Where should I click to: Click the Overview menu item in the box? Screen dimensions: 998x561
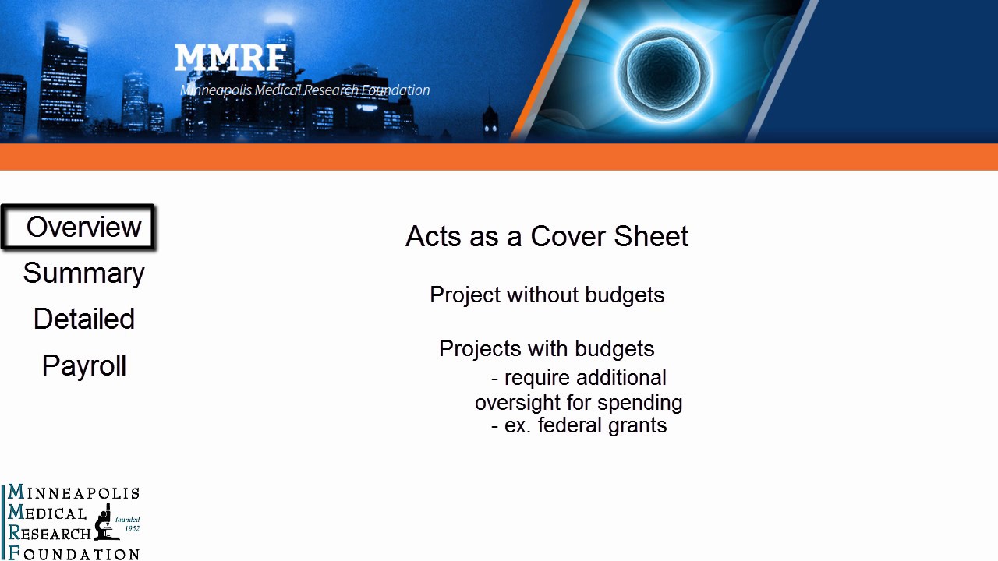pyautogui.click(x=83, y=227)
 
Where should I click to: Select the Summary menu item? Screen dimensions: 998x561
pyautogui.click(x=83, y=273)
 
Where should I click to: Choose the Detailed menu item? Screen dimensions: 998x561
pyautogui.click(x=83, y=319)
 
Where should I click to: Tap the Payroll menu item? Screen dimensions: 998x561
pyautogui.click(x=84, y=366)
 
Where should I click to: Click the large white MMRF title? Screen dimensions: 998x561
pyautogui.click(x=230, y=58)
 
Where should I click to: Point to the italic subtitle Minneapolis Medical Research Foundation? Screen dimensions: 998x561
pyautogui.click(x=305, y=90)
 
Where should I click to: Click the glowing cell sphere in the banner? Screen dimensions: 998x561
pyautogui.click(x=663, y=74)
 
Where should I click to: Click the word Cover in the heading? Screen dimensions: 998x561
pyautogui.click(x=567, y=236)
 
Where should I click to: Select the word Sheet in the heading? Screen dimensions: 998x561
pyautogui.click(x=651, y=236)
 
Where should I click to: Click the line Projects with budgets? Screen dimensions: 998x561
pyautogui.click(x=547, y=349)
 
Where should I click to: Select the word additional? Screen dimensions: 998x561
pyautogui.click(x=621, y=378)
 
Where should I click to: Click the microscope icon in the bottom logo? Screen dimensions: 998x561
pyautogui.click(x=105, y=522)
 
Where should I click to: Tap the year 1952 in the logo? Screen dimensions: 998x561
pyautogui.click(x=133, y=529)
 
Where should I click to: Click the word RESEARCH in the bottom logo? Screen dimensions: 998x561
pyautogui.click(x=49, y=533)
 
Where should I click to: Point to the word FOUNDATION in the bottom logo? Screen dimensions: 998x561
pyautogui.click(x=74, y=553)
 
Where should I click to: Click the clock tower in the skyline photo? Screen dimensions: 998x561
pyautogui.click(x=490, y=119)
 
